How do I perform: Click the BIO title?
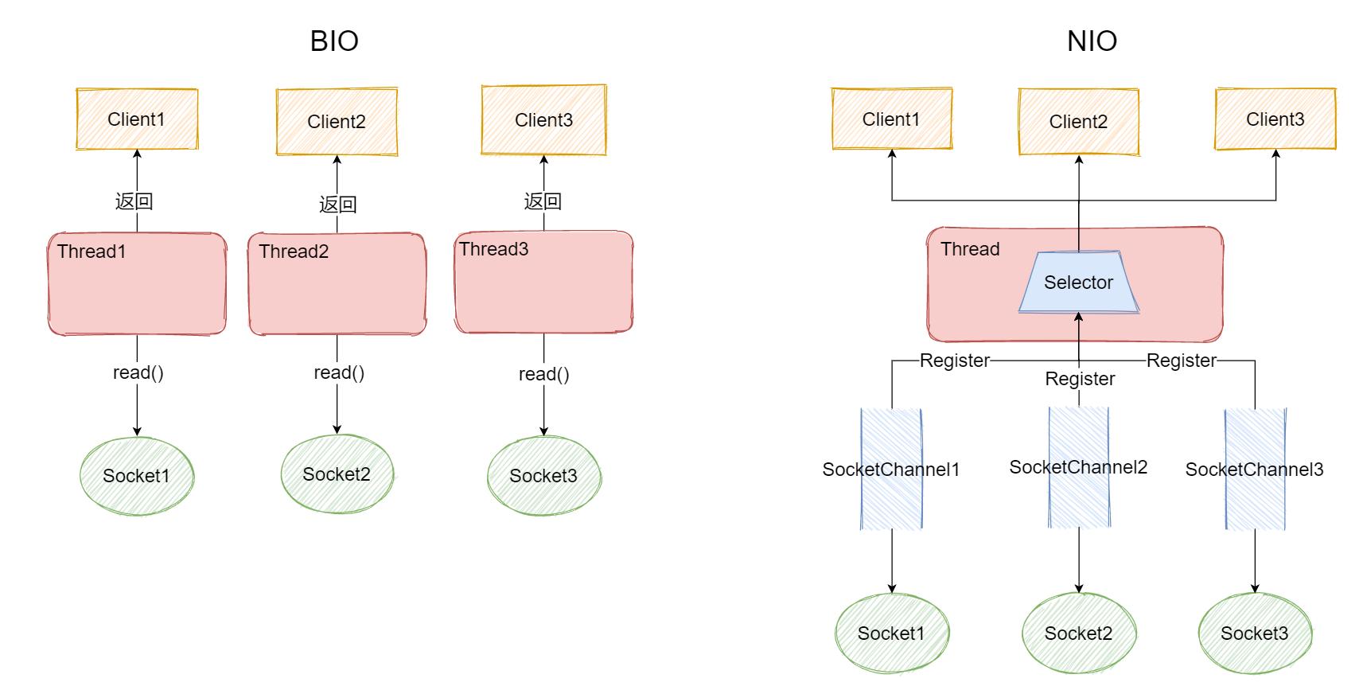334,41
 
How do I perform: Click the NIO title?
1092,41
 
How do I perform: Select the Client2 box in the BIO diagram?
337,122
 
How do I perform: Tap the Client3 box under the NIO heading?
1275,119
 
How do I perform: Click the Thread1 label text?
92,251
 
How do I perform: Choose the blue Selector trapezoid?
1078,283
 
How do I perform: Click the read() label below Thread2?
339,372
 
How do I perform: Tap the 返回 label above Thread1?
134,201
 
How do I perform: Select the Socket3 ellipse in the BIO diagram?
543,476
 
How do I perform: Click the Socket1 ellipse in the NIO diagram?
891,633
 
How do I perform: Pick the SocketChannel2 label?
1078,467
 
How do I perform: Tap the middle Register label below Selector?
1080,379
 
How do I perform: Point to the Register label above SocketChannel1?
954,361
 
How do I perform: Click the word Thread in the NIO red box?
970,249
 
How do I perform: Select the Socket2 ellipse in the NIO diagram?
1078,633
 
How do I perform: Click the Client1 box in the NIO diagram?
891,119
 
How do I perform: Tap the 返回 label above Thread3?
543,201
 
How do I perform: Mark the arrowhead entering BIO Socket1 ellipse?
137,431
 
